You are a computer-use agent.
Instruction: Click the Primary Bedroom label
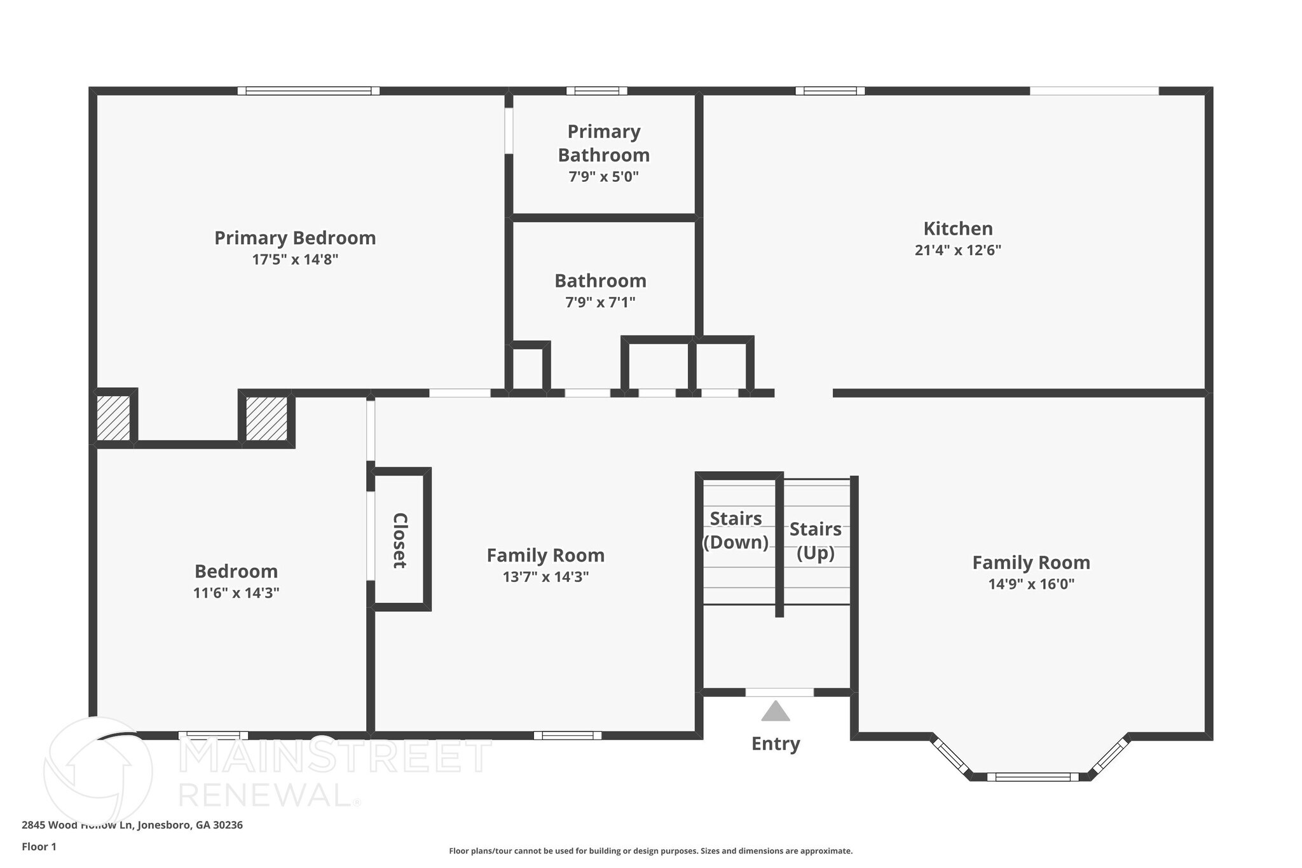pos(295,238)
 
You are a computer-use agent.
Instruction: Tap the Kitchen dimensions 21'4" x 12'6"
pos(957,251)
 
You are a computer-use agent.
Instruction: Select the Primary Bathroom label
pos(603,143)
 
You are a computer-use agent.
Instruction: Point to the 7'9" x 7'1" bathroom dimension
pos(600,302)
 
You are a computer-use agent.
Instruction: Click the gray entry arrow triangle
pos(776,712)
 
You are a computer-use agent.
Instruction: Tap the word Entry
pos(776,743)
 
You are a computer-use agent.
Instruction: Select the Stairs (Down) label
pos(736,530)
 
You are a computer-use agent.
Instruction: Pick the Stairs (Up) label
pos(816,541)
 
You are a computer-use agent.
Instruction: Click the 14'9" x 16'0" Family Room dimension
pos(1031,584)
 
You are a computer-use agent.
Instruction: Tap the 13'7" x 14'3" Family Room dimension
pos(545,577)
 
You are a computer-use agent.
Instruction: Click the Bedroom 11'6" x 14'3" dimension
pos(236,593)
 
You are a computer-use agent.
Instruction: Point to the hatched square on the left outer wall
pos(113,418)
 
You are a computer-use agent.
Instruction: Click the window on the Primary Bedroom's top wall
pos(308,91)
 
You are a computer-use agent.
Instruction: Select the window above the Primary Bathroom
pos(596,91)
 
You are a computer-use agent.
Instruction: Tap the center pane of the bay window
pos(1032,776)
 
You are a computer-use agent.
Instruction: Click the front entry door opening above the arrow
pos(779,692)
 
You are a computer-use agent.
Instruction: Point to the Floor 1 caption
pos(39,846)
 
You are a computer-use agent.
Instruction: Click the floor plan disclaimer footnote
pos(650,851)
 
